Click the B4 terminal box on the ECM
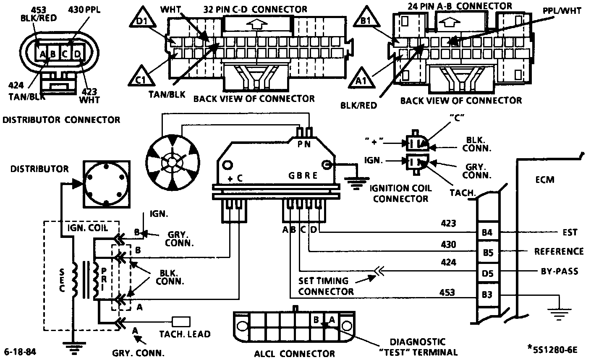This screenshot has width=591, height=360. click(x=488, y=232)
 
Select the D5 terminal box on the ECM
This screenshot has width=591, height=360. click(x=488, y=273)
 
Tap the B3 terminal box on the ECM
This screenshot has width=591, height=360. click(x=488, y=294)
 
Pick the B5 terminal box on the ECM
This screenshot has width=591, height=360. click(x=488, y=253)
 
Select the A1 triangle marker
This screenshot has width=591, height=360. click(x=361, y=78)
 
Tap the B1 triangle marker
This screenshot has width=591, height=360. click(x=366, y=18)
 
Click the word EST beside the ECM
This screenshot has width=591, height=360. click(x=570, y=232)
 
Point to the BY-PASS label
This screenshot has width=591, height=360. click(x=560, y=271)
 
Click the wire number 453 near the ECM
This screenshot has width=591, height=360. click(x=447, y=292)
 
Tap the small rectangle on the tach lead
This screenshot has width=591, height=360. click(x=181, y=322)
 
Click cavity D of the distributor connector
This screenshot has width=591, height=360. click(x=77, y=54)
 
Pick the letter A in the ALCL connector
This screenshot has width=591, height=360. click(x=332, y=320)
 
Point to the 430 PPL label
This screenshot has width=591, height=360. click(x=84, y=10)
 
